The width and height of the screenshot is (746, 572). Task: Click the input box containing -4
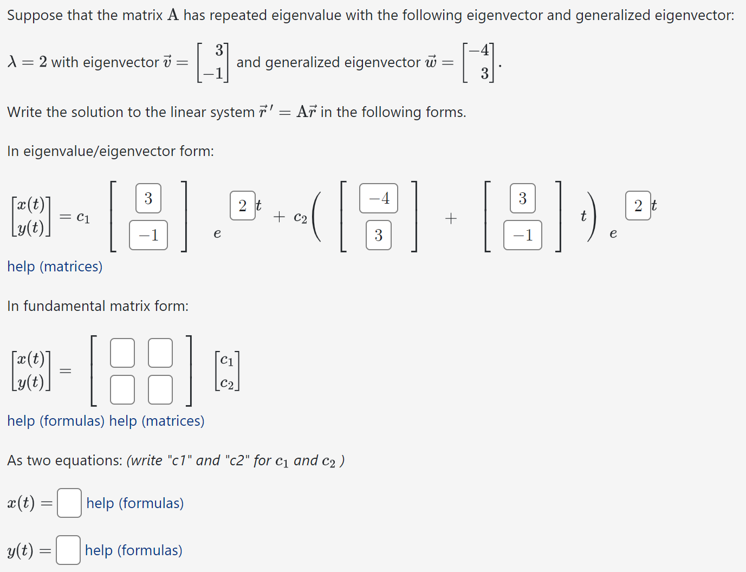point(378,198)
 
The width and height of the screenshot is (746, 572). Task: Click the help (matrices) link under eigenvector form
point(55,266)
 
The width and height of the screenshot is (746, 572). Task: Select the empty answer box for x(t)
point(69,503)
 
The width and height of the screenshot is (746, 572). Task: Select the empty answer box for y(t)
point(68,550)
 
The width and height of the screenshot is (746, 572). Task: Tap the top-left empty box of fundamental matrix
point(122,353)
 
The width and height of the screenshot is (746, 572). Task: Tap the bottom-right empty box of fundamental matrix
point(160,389)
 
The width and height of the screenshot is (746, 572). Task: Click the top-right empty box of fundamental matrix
point(160,353)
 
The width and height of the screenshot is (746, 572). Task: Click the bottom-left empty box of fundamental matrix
point(122,389)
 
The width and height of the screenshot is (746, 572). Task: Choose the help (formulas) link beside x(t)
point(135,503)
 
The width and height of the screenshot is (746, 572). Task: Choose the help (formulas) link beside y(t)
point(133,550)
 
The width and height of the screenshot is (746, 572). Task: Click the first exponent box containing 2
point(242,205)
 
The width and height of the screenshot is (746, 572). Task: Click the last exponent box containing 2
point(638,205)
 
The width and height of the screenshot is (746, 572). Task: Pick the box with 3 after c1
point(148,198)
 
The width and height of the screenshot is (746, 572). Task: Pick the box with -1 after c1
point(148,235)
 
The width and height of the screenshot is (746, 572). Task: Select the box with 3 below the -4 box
point(378,235)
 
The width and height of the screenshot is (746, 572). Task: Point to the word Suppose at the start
point(35,15)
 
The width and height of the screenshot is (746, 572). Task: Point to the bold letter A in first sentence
point(173,15)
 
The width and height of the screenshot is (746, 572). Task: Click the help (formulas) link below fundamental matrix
point(56,421)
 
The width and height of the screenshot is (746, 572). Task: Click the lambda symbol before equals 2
point(12,62)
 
